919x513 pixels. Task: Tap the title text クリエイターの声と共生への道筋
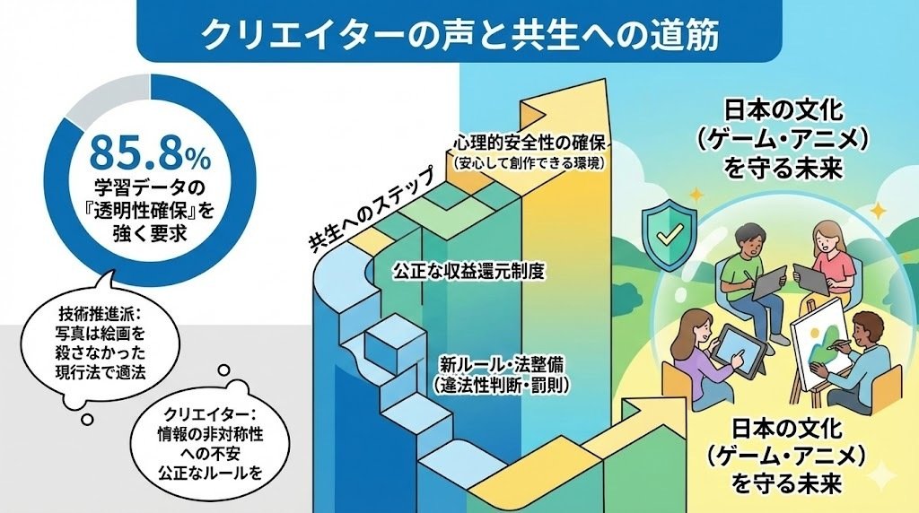point(459,36)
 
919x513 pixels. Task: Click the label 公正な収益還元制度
point(468,270)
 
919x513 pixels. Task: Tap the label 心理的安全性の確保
point(532,143)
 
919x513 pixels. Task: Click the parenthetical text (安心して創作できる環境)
point(532,163)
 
